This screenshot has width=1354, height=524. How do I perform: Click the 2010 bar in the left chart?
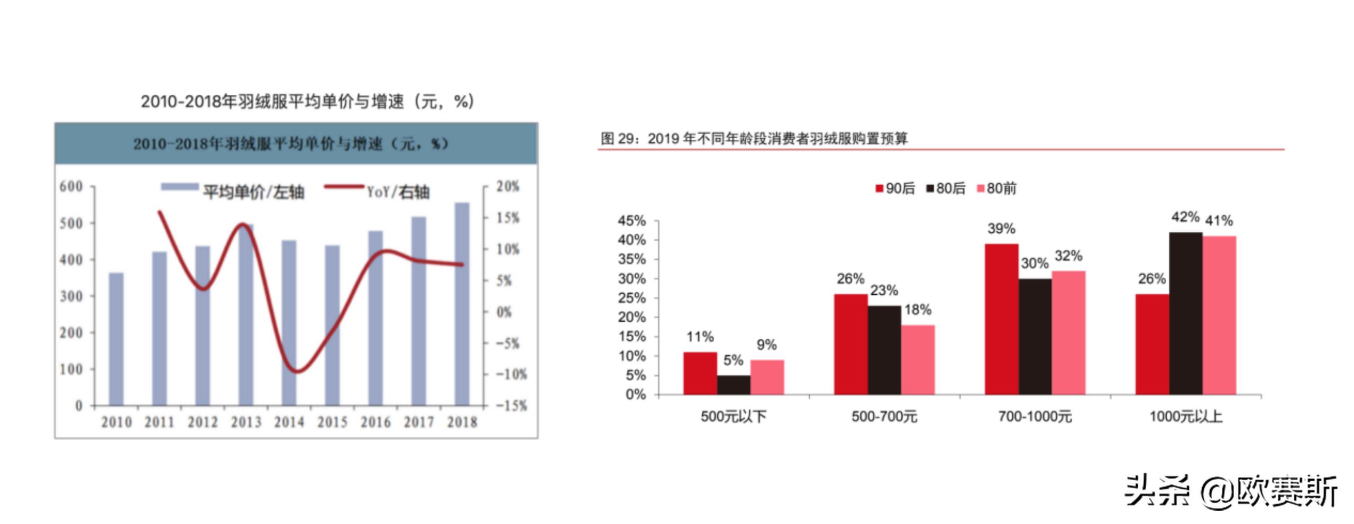[x=116, y=339]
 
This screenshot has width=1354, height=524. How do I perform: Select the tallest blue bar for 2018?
[x=462, y=304]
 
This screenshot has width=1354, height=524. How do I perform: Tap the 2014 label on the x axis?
[x=289, y=422]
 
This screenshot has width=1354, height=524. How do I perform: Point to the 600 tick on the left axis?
[x=71, y=186]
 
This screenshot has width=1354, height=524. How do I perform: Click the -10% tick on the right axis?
[x=511, y=374]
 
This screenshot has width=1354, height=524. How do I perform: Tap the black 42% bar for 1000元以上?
[x=1185, y=313]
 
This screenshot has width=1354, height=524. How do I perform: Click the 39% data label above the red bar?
[x=1001, y=229]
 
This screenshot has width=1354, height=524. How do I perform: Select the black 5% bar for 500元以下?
[x=733, y=385]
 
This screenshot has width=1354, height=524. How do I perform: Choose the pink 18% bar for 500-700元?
[x=918, y=359]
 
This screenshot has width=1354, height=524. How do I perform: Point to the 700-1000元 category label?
[x=1035, y=417]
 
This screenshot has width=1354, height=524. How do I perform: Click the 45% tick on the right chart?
[x=632, y=221]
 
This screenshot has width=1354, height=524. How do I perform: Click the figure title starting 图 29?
[x=754, y=139]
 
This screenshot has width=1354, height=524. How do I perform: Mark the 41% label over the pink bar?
[x=1219, y=221]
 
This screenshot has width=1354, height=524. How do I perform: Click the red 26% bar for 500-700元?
[x=850, y=344]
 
